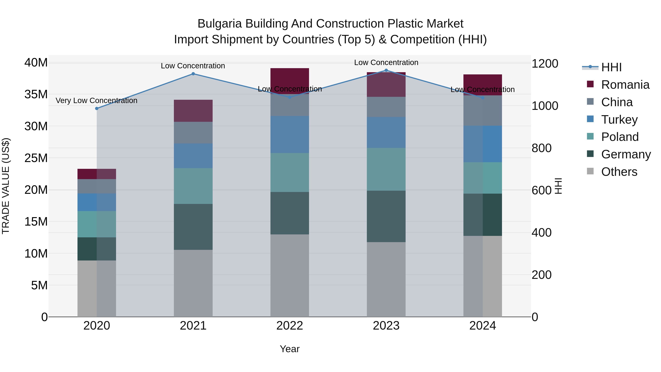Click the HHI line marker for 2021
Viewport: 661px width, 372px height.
point(193,74)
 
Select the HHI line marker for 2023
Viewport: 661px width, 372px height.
point(386,70)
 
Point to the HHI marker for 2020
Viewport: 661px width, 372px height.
point(97,109)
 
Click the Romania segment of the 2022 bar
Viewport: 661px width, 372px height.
point(290,77)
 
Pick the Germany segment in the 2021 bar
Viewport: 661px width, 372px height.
point(193,227)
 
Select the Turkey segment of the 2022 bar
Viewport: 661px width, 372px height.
point(290,134)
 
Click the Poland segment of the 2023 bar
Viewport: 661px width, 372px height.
point(386,169)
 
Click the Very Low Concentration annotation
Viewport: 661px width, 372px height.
point(96,101)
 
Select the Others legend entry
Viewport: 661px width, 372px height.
point(619,172)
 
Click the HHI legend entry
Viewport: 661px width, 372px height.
point(611,67)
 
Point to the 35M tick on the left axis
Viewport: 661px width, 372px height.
point(36,94)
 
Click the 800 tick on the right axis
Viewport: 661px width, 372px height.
point(541,148)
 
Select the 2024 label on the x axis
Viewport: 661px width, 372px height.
point(482,326)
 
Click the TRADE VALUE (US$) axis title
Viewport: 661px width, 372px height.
point(6,186)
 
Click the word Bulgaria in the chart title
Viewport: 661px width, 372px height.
point(220,24)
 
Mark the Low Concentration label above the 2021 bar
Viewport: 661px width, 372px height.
point(193,66)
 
